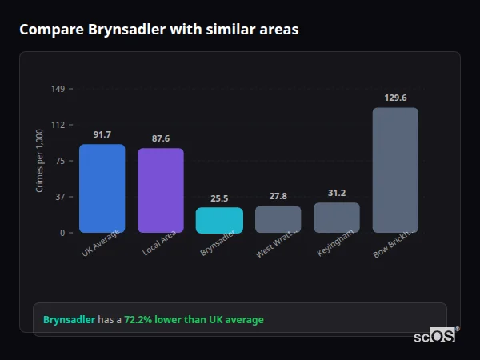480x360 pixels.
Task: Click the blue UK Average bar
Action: pos(102,188)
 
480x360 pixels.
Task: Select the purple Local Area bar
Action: pos(160,190)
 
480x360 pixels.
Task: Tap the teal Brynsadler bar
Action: pos(219,220)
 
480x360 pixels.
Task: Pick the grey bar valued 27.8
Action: pos(278,219)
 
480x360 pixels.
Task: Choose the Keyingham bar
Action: pos(337,218)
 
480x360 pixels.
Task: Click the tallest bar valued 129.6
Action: pos(395,170)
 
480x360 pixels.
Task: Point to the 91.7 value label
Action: pos(102,134)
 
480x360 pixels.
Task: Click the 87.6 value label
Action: pos(161,138)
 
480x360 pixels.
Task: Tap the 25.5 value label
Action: pos(219,198)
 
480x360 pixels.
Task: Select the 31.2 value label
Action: pos(337,193)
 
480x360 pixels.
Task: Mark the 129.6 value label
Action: pos(395,98)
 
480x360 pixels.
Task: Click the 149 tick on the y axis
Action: pos(58,88)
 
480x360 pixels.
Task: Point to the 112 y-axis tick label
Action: pos(58,124)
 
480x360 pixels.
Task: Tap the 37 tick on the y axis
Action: pos(60,197)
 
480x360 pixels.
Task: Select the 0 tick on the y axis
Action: pos(62,233)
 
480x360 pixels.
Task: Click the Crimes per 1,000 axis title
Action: pos(40,160)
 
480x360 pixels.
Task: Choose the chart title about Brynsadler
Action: pos(158,30)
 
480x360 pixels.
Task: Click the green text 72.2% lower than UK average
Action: pos(194,320)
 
